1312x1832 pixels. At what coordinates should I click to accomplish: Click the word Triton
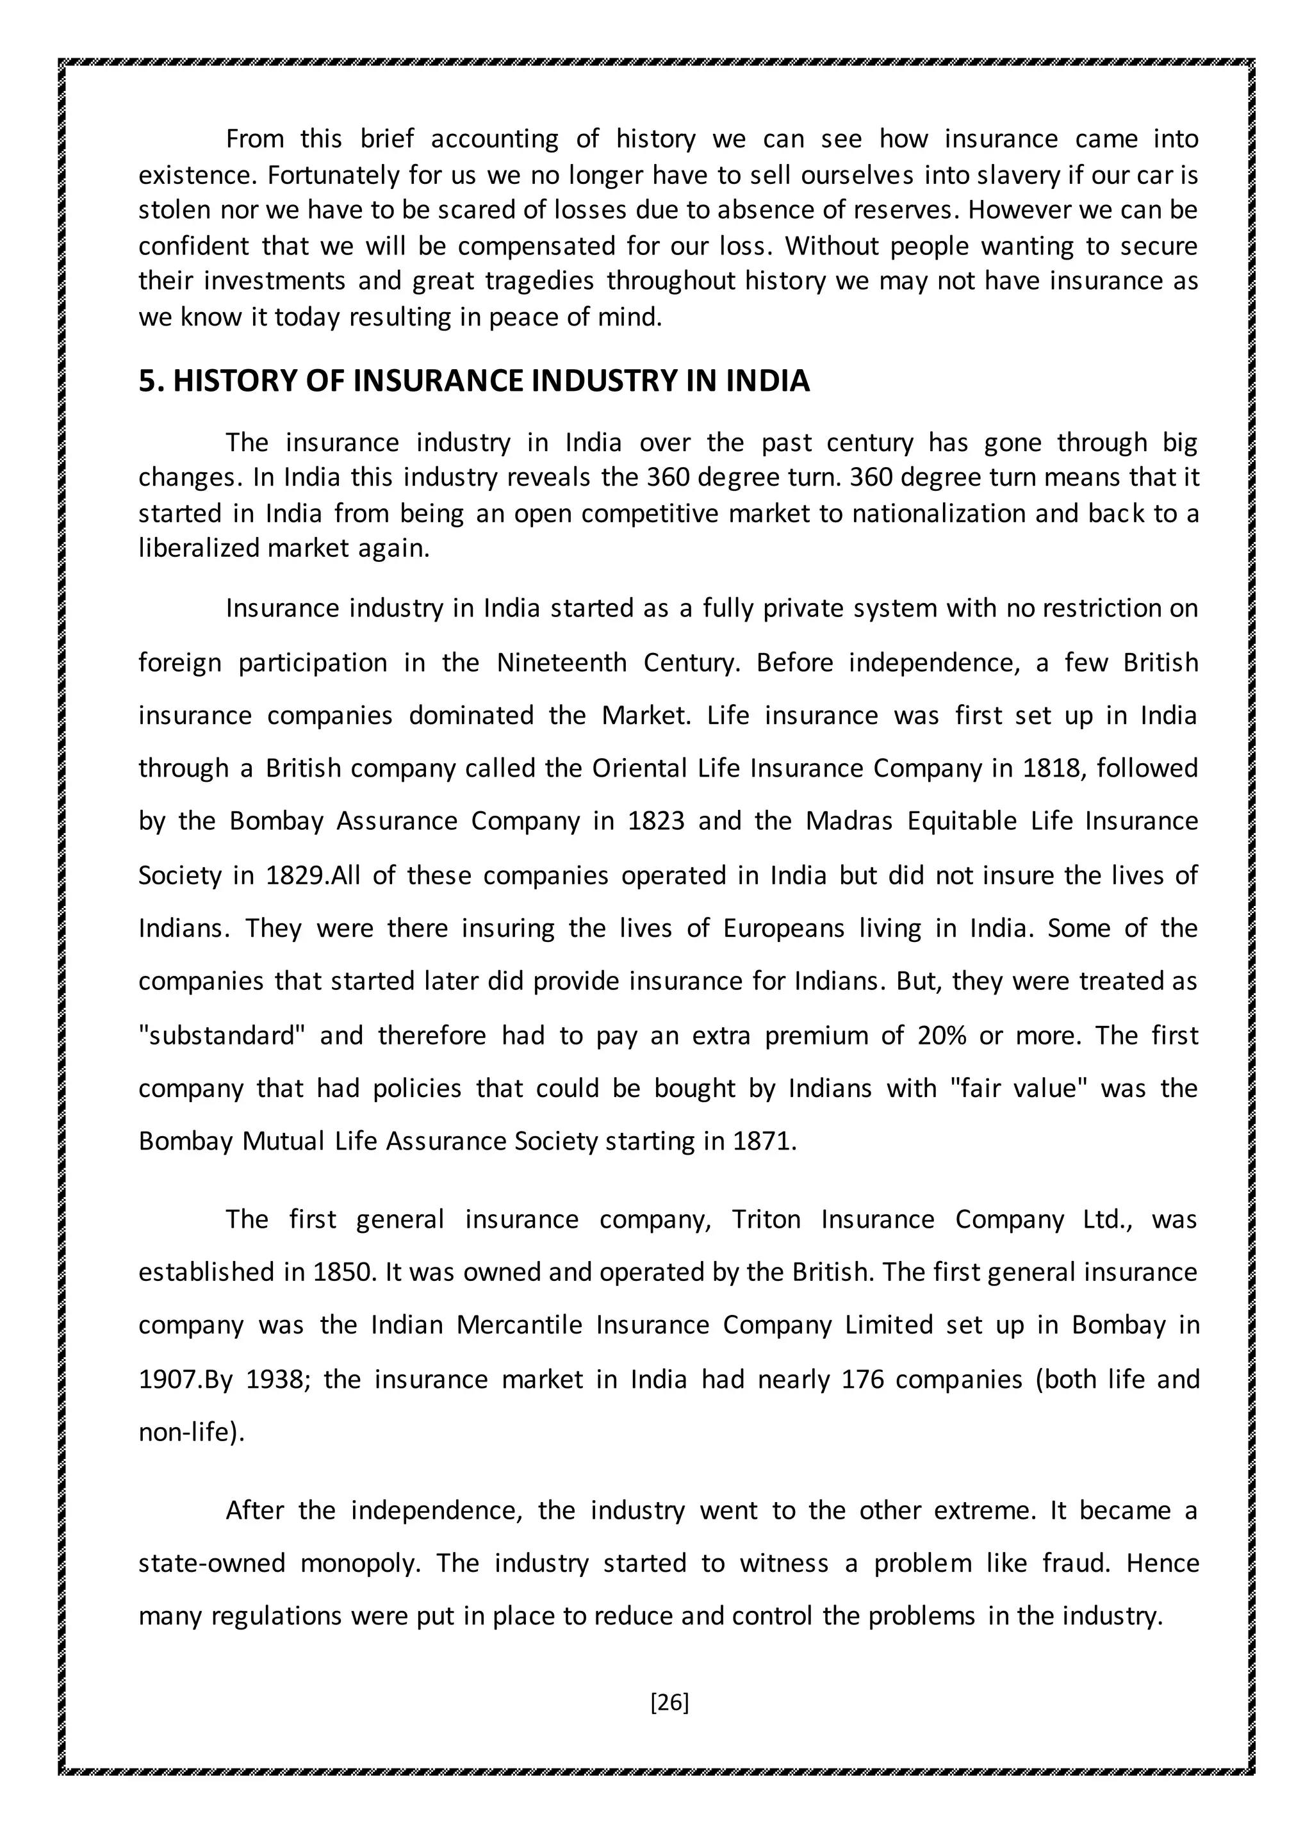pos(766,1219)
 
